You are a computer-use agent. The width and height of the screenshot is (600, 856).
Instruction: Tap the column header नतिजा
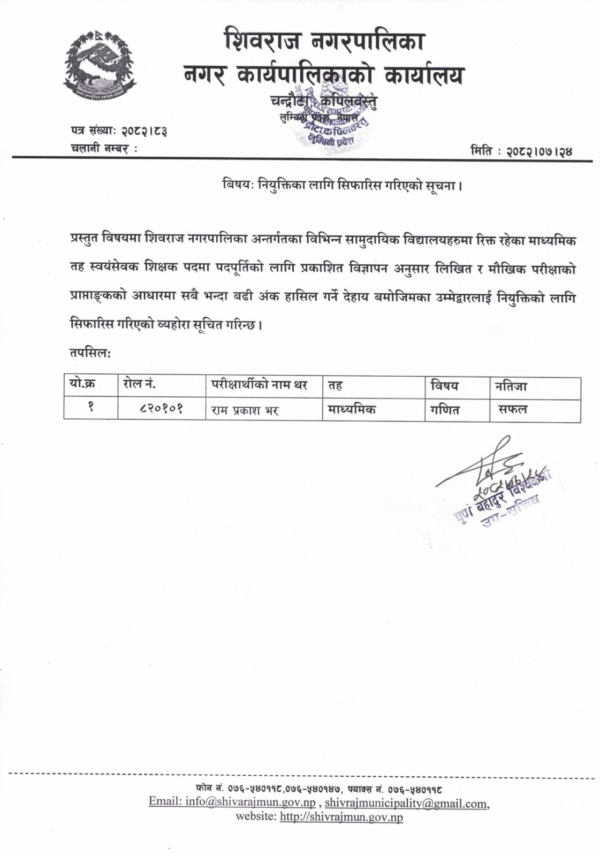[x=511, y=385]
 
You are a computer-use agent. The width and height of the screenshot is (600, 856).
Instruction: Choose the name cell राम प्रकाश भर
[x=245, y=410]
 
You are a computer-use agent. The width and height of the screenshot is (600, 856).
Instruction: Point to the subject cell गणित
[x=445, y=410]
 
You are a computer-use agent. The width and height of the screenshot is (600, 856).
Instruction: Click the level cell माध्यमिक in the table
[x=351, y=410]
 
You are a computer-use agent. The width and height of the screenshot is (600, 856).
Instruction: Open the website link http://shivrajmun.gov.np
[x=341, y=817]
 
